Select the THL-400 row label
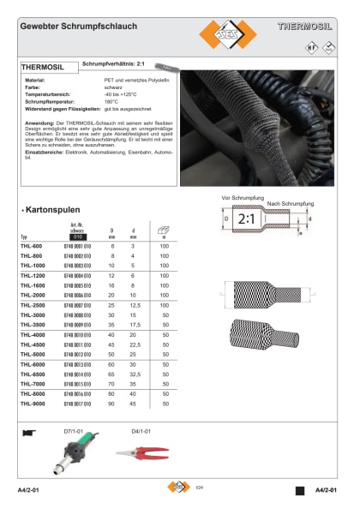[30, 246]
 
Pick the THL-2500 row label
[32, 305]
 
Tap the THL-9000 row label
[32, 403]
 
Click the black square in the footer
[299, 490]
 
